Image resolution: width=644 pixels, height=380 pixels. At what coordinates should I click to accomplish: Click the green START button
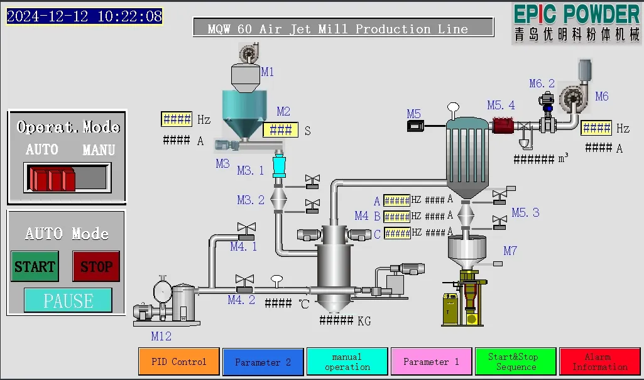click(35, 266)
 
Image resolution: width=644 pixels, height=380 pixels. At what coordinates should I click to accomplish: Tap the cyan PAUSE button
click(68, 300)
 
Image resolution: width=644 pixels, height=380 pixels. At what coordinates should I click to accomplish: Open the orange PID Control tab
click(179, 362)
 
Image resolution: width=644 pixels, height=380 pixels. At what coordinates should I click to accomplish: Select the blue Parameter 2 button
click(263, 362)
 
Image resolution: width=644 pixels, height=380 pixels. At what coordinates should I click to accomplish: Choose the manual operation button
click(347, 362)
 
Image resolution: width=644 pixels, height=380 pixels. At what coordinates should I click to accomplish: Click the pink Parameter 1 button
click(431, 362)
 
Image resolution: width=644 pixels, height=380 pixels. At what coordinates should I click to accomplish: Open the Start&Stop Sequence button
click(516, 362)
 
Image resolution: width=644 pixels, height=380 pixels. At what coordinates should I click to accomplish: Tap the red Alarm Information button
click(599, 362)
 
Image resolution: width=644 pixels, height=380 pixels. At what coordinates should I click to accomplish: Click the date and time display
click(85, 16)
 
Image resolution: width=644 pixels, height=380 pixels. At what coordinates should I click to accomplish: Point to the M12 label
click(161, 336)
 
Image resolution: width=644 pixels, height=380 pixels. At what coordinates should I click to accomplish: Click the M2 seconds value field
click(280, 130)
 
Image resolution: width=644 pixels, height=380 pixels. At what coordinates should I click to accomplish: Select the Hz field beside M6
click(596, 128)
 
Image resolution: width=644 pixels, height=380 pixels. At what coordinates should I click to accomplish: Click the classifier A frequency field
click(396, 200)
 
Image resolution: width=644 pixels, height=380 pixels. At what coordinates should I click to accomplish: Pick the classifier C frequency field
click(396, 233)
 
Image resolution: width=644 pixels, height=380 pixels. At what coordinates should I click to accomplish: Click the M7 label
click(510, 251)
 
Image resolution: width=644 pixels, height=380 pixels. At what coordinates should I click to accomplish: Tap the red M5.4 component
click(503, 125)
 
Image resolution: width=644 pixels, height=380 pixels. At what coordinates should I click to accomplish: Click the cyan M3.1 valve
click(278, 166)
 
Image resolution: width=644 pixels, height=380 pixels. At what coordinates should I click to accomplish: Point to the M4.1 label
click(243, 247)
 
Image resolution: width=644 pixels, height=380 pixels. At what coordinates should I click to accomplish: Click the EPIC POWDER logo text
click(576, 14)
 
